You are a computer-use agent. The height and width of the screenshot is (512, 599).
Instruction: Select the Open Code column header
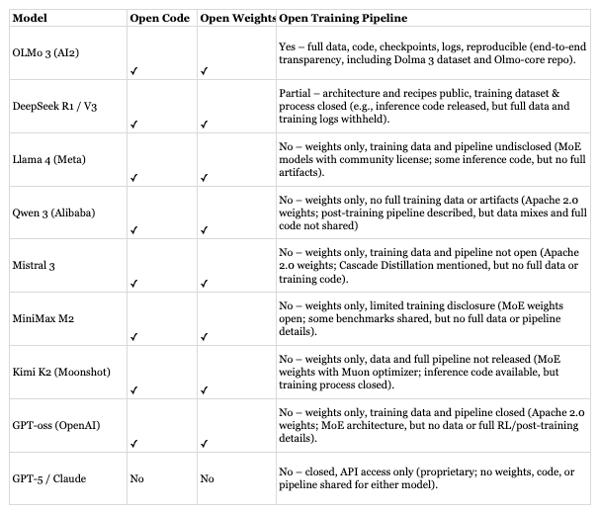pyautogui.click(x=160, y=19)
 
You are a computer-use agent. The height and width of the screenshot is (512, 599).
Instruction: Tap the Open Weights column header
pyautogui.click(x=235, y=19)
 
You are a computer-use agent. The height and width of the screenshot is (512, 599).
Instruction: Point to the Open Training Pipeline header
pyautogui.click(x=343, y=19)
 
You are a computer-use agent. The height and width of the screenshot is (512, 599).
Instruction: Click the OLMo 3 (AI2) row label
pyautogui.click(x=47, y=50)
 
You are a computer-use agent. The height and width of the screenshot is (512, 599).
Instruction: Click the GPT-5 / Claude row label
pyautogui.click(x=48, y=478)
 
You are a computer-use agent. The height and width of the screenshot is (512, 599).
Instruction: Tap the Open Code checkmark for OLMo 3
pyautogui.click(x=133, y=71)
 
